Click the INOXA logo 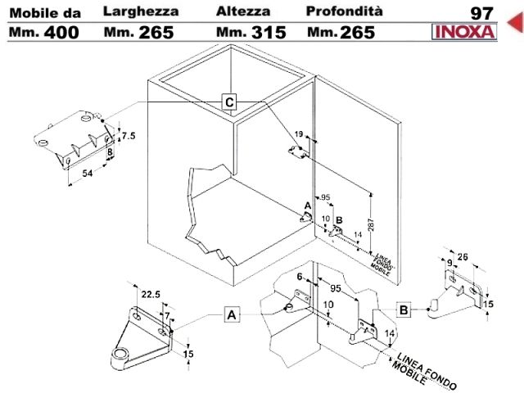(x=464, y=32)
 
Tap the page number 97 (x=481, y=13)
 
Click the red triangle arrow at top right (x=515, y=23)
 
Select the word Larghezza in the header (x=141, y=11)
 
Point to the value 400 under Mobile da (x=61, y=33)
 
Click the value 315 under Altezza (x=269, y=33)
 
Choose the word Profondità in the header (x=344, y=11)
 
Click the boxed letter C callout (x=229, y=102)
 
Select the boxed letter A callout (x=232, y=314)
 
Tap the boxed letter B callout (x=404, y=309)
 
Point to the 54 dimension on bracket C (x=88, y=174)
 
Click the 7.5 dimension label (x=129, y=136)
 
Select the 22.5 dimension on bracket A (x=151, y=295)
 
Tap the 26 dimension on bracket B (x=463, y=257)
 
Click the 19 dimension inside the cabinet (x=299, y=134)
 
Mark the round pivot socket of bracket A (x=120, y=355)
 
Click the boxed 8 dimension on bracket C (x=110, y=152)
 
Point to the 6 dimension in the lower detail (x=300, y=277)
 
